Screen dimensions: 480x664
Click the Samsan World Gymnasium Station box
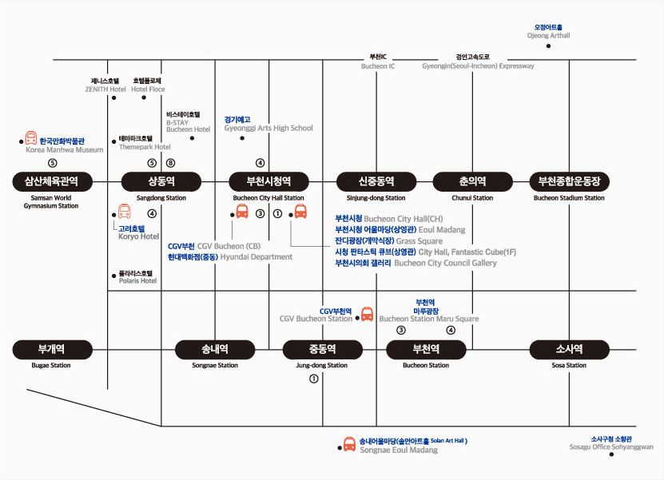[51, 180]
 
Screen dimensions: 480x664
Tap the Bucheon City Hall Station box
[268, 180]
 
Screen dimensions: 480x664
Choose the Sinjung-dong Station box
[376, 180]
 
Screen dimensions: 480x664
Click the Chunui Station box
[472, 180]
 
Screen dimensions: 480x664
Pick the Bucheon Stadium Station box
[569, 180]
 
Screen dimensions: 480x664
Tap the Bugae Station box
[51, 349]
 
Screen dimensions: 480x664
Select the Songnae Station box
[215, 349]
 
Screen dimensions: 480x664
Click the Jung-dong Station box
[322, 349]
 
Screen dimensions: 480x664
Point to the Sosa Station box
[569, 349]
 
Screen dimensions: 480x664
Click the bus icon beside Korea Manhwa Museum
[31, 139]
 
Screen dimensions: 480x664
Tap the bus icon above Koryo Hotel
[124, 212]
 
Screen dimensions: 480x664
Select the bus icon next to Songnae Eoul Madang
[349, 444]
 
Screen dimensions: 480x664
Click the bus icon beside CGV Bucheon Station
[367, 314]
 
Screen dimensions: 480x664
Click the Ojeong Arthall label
[549, 32]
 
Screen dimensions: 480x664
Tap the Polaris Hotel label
[137, 277]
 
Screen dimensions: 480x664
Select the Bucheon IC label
[378, 61]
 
